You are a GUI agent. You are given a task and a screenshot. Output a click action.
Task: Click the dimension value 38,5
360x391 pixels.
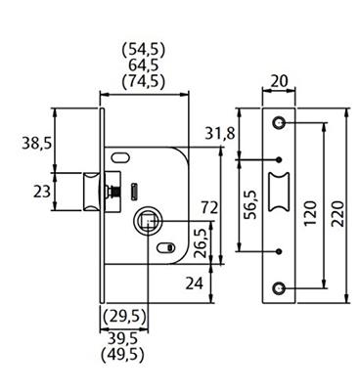point(37,143)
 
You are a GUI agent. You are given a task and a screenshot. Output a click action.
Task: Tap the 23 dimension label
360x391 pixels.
point(42,192)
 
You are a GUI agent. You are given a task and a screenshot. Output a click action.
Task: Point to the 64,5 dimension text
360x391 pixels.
point(144,65)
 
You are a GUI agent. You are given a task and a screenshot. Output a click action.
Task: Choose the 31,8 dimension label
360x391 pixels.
point(220,133)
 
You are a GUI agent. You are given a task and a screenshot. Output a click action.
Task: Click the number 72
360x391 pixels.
point(209,207)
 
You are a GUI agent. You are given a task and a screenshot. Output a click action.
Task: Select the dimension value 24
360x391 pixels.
point(195,283)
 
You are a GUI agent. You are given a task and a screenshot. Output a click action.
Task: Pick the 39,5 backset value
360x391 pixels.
point(123,339)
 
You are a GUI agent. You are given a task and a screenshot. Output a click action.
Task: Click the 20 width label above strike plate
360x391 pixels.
point(280,81)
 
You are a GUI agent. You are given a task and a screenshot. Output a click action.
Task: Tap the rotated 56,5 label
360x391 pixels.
point(251,205)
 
